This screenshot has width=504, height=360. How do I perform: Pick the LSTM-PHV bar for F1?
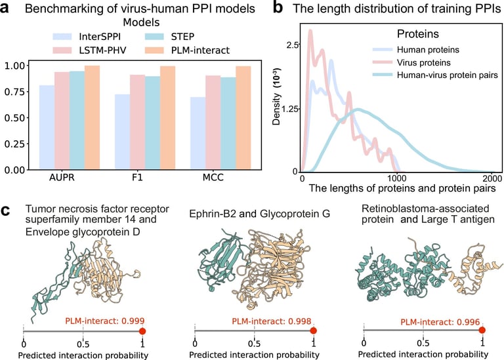point(138,122)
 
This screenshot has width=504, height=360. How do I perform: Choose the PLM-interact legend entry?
point(197,49)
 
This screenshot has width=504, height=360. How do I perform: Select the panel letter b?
point(277,9)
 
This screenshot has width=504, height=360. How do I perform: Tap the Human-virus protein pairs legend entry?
point(446,75)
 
